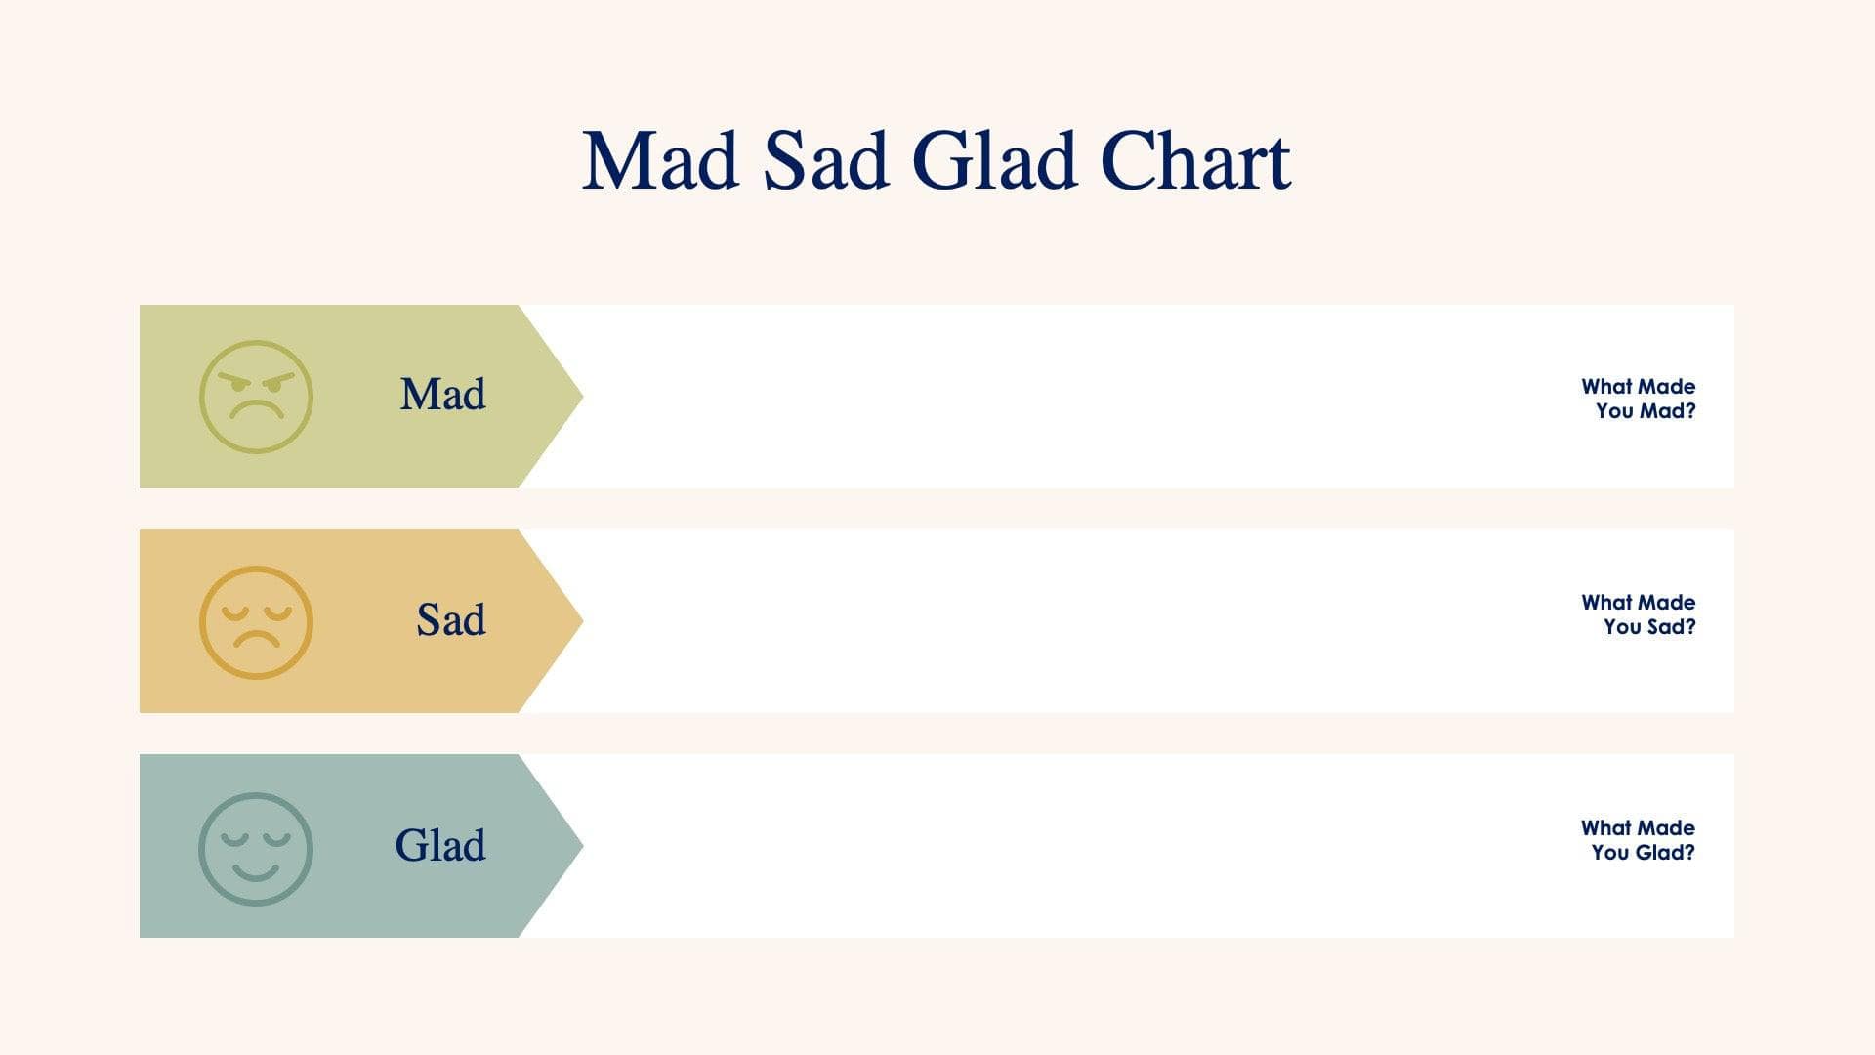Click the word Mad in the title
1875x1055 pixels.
[x=660, y=161]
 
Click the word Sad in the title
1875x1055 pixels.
[x=825, y=161]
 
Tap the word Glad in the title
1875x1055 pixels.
[x=994, y=161]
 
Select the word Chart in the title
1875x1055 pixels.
[x=1194, y=161]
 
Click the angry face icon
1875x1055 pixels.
[x=256, y=397]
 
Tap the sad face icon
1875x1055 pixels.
[x=256, y=622]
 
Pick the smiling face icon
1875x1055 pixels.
[x=256, y=848]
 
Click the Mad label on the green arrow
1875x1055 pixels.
[x=442, y=395]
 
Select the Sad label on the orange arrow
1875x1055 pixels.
[x=450, y=620]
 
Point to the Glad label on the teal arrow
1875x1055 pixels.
[x=439, y=846]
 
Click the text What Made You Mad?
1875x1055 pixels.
[x=1639, y=399]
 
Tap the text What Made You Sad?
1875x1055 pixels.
[x=1639, y=614]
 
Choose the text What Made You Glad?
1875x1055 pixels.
[x=1639, y=840]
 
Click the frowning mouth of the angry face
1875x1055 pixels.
[x=256, y=410]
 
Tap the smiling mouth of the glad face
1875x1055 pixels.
[x=256, y=870]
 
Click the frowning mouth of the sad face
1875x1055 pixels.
[x=256, y=640]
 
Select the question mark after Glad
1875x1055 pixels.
[x=1689, y=852]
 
